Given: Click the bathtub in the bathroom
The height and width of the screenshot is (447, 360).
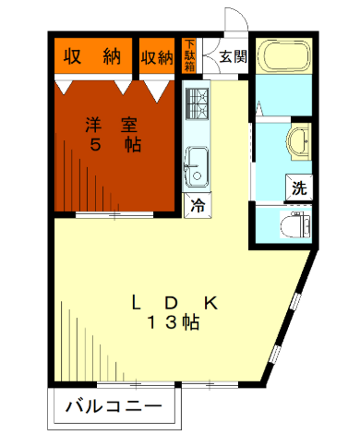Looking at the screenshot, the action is [x=283, y=55].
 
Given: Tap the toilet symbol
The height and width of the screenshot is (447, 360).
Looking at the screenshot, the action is [x=295, y=224].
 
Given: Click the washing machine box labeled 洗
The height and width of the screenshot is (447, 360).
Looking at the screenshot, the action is [x=299, y=187].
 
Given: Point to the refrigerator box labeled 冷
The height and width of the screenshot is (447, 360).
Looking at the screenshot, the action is [x=198, y=205].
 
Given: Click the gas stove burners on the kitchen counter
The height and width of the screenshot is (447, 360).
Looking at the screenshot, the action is [x=197, y=103].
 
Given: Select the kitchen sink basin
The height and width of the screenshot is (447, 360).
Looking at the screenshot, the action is [x=196, y=166].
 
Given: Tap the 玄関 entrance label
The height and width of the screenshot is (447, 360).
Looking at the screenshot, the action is [x=234, y=56].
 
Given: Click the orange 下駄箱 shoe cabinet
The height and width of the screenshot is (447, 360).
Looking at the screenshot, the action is [x=189, y=55].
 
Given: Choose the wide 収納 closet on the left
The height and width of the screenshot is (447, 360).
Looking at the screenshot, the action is [x=93, y=55].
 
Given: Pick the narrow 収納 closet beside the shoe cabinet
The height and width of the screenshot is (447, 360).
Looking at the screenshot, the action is [x=157, y=55].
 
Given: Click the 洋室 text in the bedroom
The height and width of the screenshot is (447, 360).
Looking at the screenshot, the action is [x=112, y=125].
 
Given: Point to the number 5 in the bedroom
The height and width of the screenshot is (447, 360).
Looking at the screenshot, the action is [x=95, y=145].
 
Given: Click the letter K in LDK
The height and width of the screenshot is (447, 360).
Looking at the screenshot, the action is [x=211, y=303].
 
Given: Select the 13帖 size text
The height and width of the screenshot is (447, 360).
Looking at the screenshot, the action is [x=174, y=322].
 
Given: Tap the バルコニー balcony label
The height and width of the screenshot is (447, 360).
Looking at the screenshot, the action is [x=114, y=406].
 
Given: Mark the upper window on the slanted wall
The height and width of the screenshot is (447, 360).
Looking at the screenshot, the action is [x=295, y=301].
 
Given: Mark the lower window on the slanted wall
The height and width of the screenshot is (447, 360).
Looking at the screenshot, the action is [x=275, y=354].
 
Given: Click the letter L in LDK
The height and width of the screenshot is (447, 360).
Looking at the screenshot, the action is [x=137, y=303].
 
